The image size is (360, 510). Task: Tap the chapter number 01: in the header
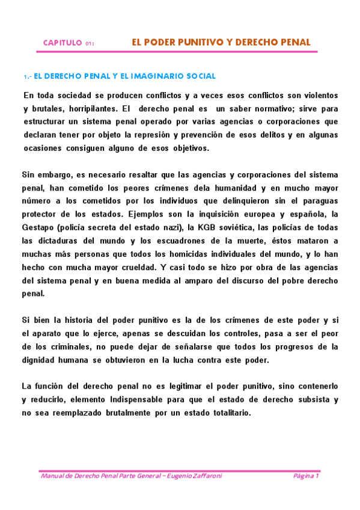90,44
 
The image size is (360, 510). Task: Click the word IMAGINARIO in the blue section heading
157,76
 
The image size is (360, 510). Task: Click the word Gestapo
40,227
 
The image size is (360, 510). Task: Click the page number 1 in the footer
317,476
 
